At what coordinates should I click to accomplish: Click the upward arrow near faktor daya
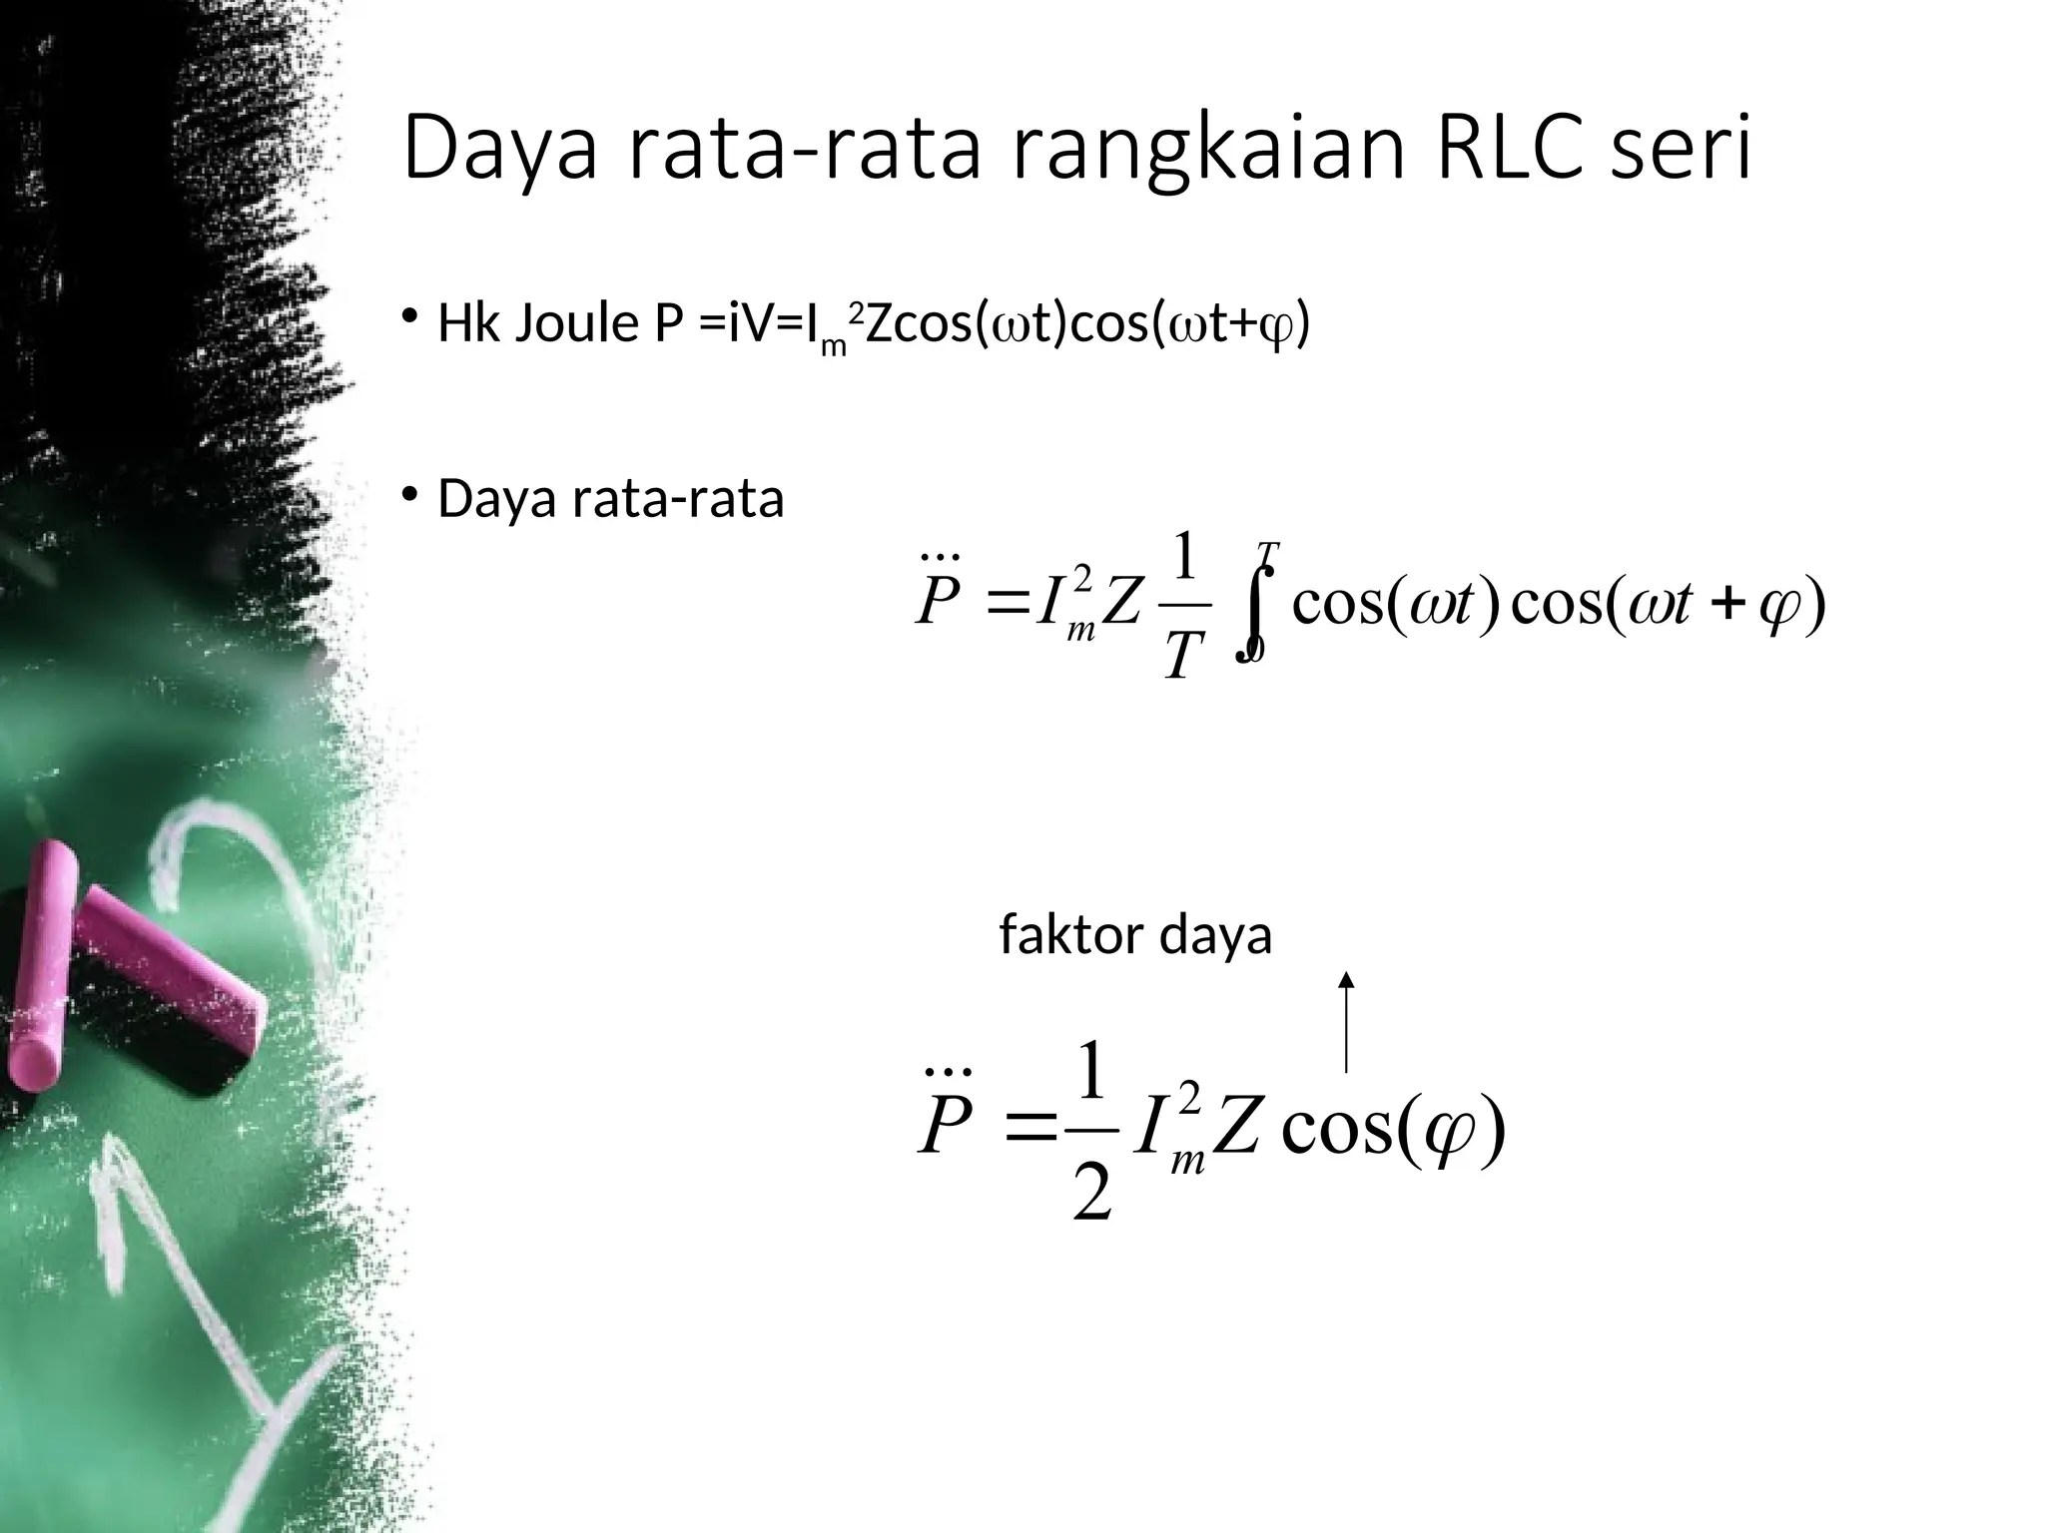click(1346, 1023)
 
